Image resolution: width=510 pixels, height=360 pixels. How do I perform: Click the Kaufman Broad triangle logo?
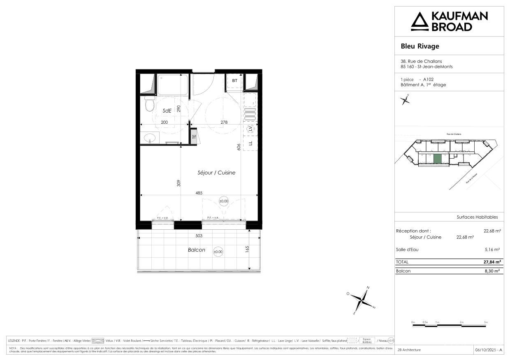click(420, 21)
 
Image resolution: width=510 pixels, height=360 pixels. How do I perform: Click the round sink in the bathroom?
click(149, 138)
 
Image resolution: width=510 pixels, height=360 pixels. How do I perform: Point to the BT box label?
click(235, 81)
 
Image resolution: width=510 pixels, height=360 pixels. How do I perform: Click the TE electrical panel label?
click(194, 137)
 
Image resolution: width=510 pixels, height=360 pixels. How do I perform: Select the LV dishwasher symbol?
click(250, 129)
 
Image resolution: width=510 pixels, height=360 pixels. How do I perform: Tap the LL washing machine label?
click(250, 143)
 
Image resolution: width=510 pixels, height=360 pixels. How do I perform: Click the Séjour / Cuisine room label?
click(216, 173)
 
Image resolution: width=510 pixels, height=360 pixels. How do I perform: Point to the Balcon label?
click(196, 250)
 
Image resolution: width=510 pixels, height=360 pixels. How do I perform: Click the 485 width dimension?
click(199, 192)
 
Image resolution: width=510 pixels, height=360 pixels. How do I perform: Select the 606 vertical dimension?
click(239, 148)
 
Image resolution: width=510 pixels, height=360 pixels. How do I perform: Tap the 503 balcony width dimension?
click(199, 236)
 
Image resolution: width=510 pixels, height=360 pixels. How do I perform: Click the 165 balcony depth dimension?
click(247, 249)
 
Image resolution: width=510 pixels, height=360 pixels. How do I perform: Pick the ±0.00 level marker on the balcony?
click(218, 252)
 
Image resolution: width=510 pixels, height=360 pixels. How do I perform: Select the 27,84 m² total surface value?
click(491, 262)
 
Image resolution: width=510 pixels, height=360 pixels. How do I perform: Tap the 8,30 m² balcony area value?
click(492, 271)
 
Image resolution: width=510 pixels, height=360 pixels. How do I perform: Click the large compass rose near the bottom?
click(361, 300)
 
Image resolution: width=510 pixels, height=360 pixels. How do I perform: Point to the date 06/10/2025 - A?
click(489, 350)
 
